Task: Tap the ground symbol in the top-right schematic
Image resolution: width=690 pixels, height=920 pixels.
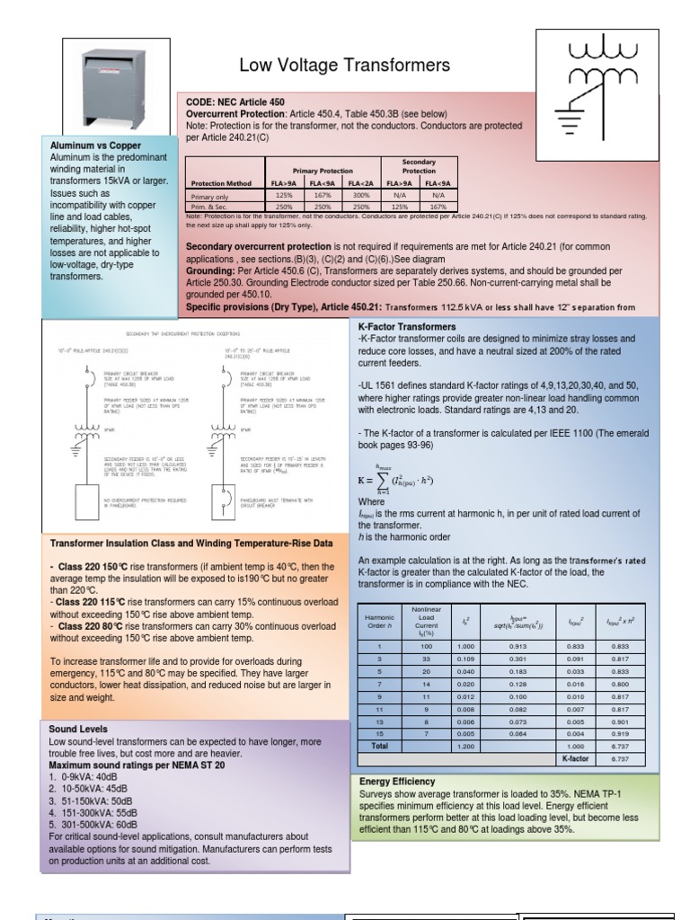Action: (569, 115)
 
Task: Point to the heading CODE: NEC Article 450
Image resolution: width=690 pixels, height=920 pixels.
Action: (234, 102)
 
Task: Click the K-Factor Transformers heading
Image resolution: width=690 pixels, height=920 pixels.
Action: (407, 326)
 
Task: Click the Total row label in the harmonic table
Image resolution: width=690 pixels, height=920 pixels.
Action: (379, 746)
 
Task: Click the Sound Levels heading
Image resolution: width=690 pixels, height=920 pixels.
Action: (79, 730)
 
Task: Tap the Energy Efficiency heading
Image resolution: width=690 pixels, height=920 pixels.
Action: (397, 782)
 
